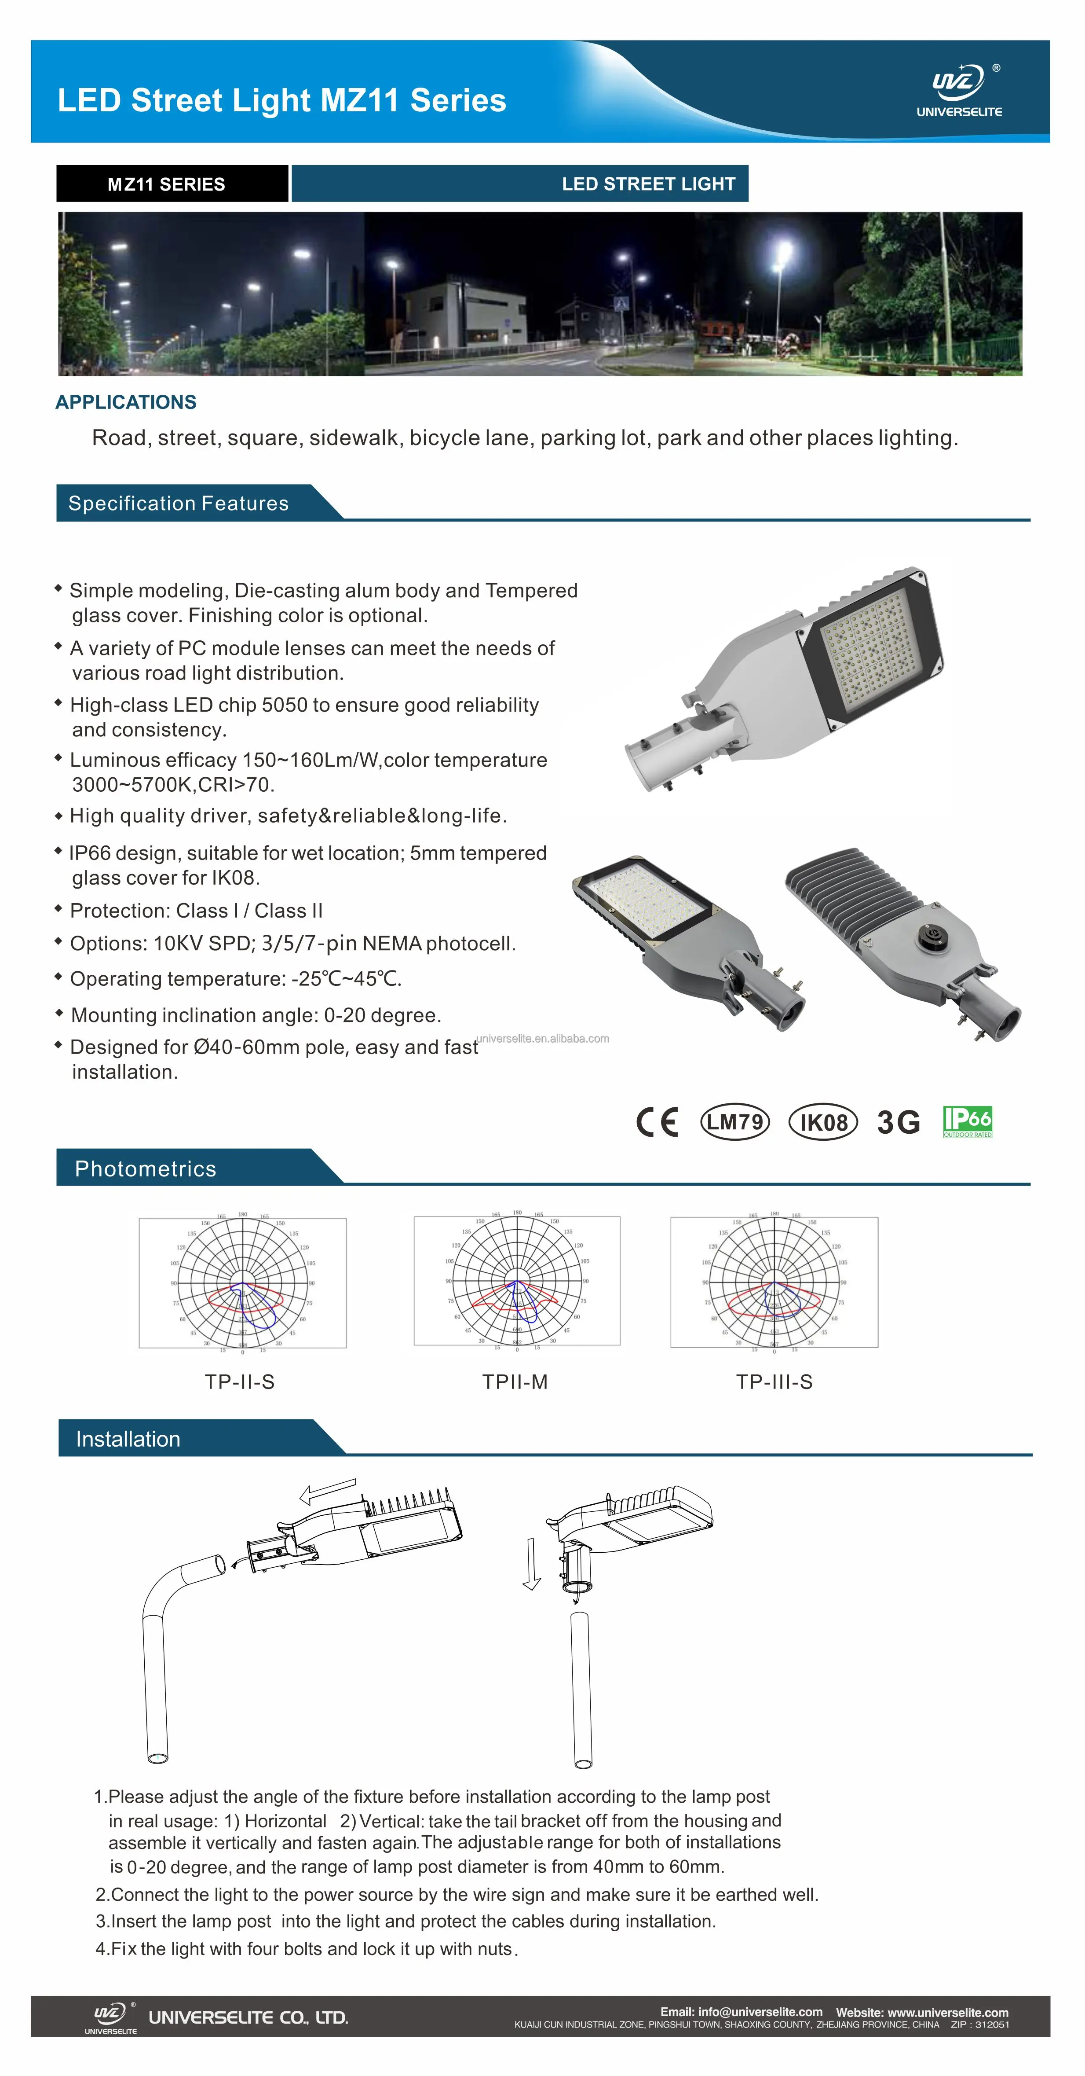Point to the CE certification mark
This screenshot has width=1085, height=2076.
657,1122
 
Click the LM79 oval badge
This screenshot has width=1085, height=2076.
734,1122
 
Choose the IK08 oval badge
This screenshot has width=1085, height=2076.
822,1122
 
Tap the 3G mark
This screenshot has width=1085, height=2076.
898,1122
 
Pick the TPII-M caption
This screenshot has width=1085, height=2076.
515,1382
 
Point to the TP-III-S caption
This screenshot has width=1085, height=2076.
774,1382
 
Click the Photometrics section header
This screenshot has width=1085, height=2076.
146,1168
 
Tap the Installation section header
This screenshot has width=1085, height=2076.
128,1439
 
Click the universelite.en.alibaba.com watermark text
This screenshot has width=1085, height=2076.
543,1038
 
